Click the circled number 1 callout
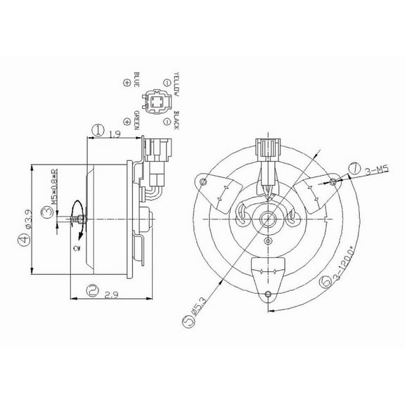click(98, 131)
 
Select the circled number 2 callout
click(91, 288)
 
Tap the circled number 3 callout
click(45, 217)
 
